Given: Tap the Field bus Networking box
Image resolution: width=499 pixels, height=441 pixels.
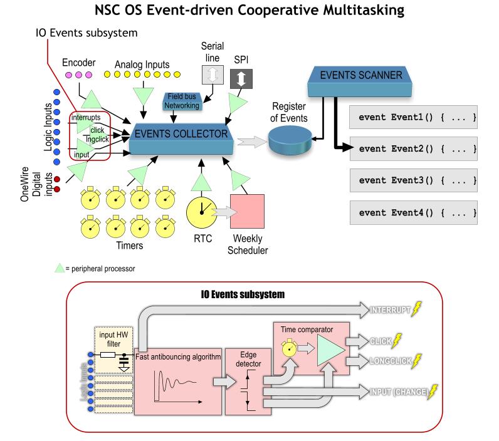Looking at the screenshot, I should pyautogui.click(x=183, y=101).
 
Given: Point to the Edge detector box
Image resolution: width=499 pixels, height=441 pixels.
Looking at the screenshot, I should pyautogui.click(x=244, y=379).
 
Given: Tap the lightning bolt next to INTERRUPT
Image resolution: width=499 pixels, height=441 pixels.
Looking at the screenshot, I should pyautogui.click(x=418, y=309).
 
